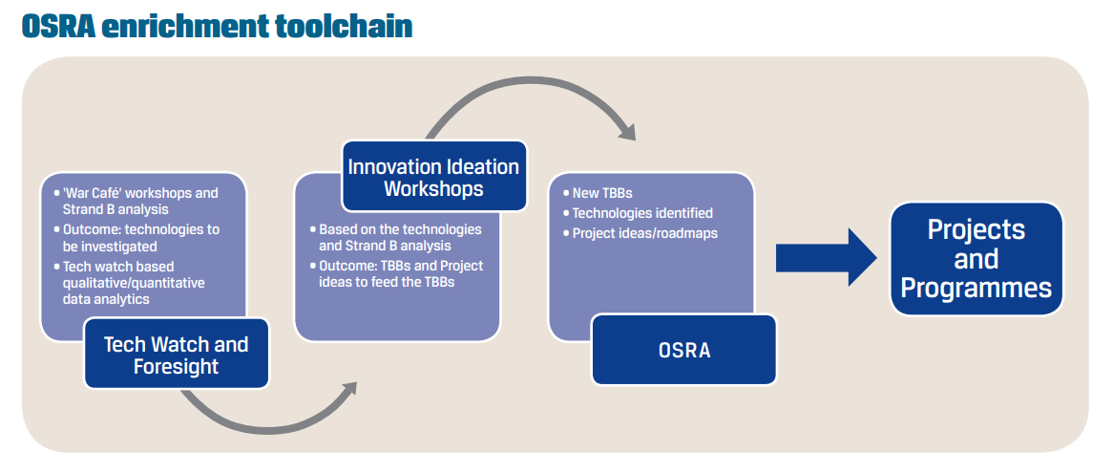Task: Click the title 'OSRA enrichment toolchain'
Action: (x=217, y=26)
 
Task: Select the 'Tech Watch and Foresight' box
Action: (x=176, y=355)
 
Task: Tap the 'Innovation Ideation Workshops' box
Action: (x=433, y=178)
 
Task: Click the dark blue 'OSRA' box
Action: (x=684, y=350)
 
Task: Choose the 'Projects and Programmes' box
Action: (x=976, y=259)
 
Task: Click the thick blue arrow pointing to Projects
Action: (x=826, y=257)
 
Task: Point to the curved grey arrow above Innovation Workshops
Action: (x=535, y=96)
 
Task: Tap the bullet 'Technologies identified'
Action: (x=641, y=213)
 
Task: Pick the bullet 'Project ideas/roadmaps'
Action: (x=644, y=233)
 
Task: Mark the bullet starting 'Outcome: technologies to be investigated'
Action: (x=140, y=238)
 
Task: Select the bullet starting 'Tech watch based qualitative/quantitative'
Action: (x=133, y=283)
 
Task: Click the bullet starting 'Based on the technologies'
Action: (x=399, y=238)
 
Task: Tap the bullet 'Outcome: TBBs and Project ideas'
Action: (x=400, y=273)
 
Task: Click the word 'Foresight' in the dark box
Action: (x=176, y=367)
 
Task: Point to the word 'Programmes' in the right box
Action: (x=976, y=288)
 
